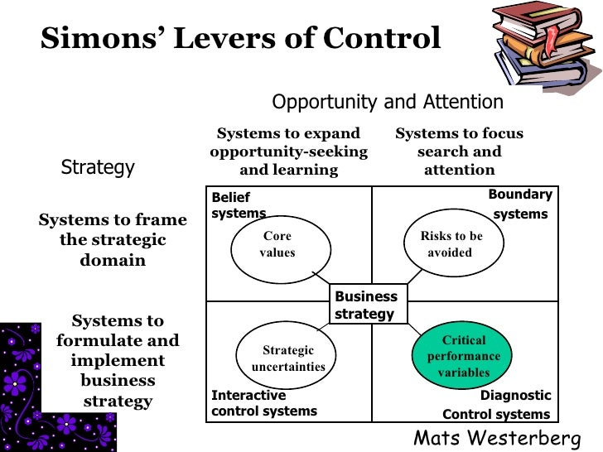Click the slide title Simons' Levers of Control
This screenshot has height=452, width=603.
coord(240,39)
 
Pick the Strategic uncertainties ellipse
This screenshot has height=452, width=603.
coord(287,358)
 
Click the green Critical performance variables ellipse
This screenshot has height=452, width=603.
coord(463,357)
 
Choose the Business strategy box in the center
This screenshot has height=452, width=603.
coord(366,305)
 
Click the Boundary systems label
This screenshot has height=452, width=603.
coord(519,204)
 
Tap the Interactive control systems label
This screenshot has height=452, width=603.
coord(263,403)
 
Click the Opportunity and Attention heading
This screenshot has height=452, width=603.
coord(388,102)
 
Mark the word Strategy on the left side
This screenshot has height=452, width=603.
coord(98,167)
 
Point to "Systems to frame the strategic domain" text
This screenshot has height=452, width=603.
coord(113,240)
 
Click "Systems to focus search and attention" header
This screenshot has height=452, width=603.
coord(459,151)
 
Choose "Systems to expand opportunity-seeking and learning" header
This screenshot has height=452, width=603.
coord(288,151)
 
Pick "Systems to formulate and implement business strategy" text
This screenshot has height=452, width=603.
coord(118,361)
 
